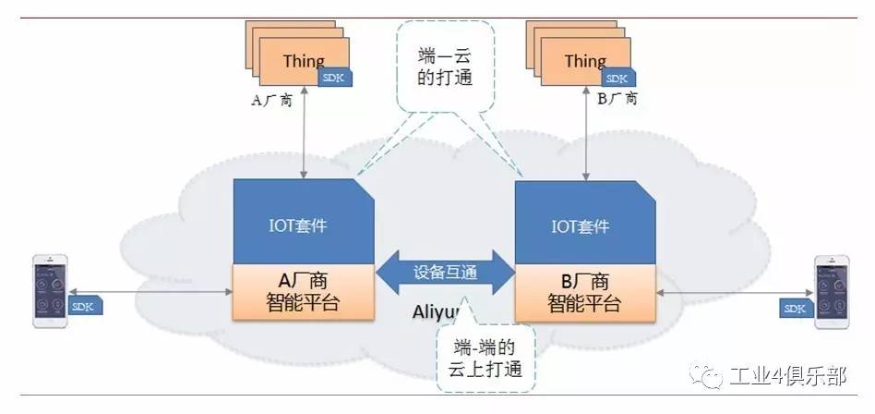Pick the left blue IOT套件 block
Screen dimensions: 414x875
(303, 223)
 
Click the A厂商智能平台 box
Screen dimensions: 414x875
(303, 292)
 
